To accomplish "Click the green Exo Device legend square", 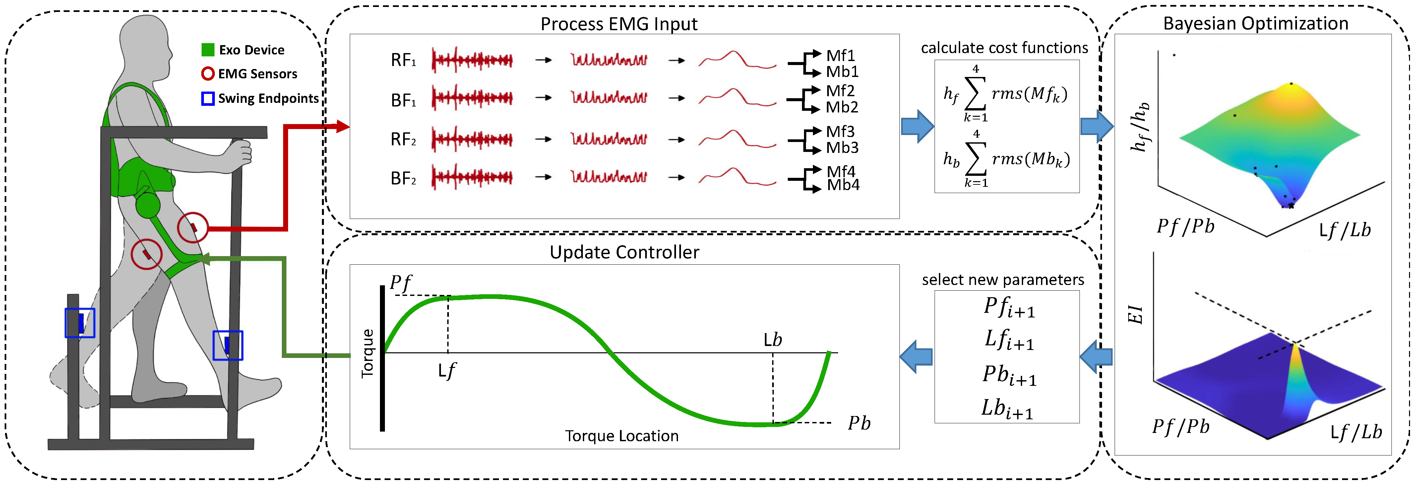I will pos(208,50).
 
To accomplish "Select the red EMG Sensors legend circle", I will pos(208,74).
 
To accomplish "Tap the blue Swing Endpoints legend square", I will pos(208,99).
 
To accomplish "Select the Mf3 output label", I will pos(840,131).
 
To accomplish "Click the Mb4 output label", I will pos(843,185).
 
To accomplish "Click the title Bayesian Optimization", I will pos(1256,23).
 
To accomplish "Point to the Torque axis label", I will pos(367,354).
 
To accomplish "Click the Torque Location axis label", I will pos(622,436).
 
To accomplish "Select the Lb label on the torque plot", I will pos(773,340).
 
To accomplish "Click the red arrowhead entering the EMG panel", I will pos(342,126).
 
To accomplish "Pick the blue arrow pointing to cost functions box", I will pos(917,126).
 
